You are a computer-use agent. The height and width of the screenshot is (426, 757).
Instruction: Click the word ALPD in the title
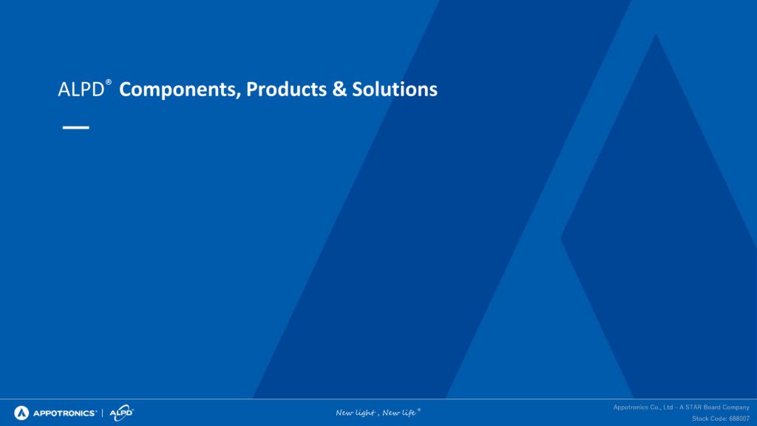point(81,89)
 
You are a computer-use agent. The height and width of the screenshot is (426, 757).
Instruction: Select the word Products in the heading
point(286,89)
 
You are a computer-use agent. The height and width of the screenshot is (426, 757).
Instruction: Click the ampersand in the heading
point(339,89)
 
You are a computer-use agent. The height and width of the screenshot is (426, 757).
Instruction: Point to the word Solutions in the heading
point(395,89)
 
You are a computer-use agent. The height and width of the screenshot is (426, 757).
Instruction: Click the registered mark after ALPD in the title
point(109,82)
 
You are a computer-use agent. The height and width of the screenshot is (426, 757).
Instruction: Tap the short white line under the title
point(76,127)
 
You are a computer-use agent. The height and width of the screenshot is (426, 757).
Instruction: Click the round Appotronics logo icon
point(21,413)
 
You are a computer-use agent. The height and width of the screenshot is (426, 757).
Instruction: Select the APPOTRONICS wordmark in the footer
point(65,413)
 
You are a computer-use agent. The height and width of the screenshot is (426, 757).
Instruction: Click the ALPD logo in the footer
point(121,413)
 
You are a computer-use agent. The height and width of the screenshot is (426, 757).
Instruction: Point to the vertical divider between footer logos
point(102,413)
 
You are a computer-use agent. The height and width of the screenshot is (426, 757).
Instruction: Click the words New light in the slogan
point(356,413)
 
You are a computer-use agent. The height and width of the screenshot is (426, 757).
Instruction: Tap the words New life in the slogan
point(399,413)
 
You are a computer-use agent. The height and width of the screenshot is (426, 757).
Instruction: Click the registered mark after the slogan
point(418,410)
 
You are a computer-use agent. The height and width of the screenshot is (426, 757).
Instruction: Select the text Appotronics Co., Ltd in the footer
point(643,408)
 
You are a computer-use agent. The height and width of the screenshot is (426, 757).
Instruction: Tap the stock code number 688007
point(739,419)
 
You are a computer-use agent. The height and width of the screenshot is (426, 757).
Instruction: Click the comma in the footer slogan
point(378,415)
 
